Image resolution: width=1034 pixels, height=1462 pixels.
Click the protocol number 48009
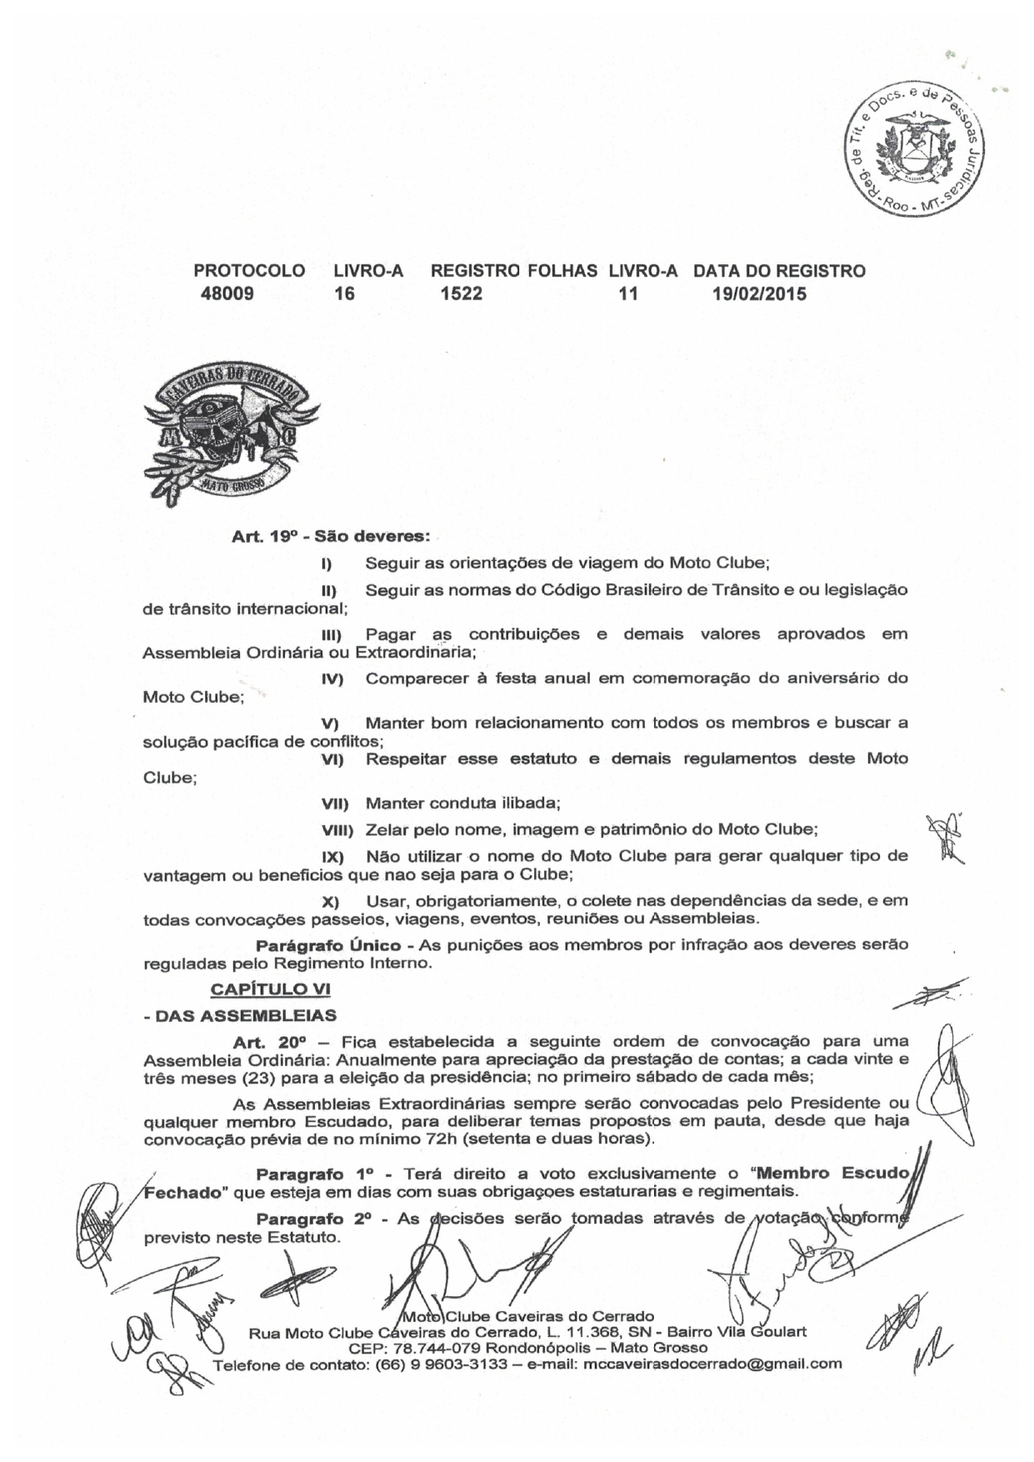click(x=227, y=293)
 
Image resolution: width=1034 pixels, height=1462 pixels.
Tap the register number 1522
click(x=461, y=293)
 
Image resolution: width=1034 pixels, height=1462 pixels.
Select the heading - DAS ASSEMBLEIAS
click(x=240, y=1015)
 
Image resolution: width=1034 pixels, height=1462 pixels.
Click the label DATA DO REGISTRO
click(x=779, y=271)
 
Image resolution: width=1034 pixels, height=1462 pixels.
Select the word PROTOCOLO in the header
click(x=249, y=271)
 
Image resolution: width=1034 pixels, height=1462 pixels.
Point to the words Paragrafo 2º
click(x=313, y=1219)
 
